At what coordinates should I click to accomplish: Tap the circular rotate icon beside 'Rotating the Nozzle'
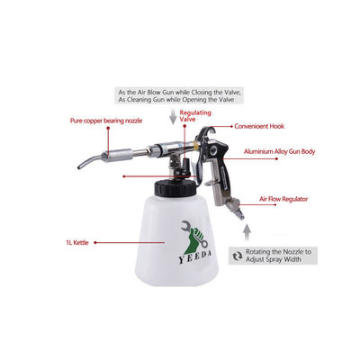(237, 255)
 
